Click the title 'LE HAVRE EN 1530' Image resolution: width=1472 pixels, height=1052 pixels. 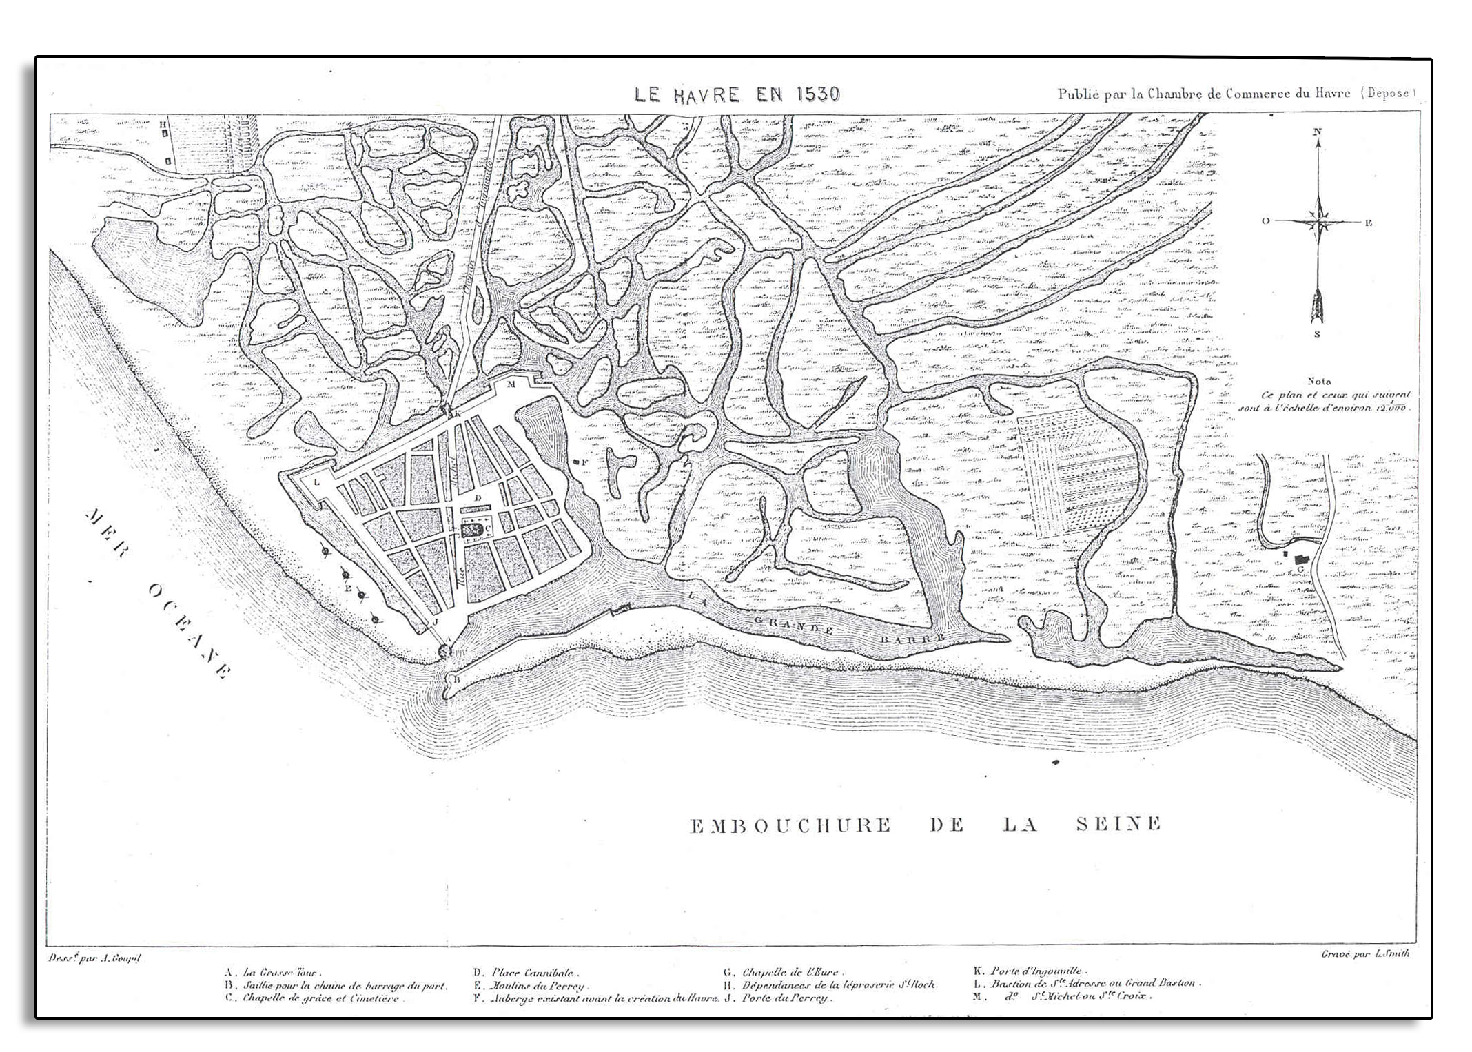(737, 94)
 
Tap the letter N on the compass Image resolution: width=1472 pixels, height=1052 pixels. (1318, 131)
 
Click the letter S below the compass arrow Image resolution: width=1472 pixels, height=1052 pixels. (1317, 335)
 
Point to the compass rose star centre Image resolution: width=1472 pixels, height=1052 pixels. (1319, 222)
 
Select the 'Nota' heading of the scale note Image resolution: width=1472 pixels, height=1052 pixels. (1318, 381)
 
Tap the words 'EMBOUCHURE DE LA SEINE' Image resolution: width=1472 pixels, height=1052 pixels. (926, 824)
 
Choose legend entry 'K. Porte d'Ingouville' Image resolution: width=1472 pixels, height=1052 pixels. (1031, 971)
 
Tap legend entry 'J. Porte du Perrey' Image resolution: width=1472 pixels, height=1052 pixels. (779, 998)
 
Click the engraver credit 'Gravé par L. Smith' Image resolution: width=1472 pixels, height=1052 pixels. (1364, 954)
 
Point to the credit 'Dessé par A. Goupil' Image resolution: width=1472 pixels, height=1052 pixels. (94, 958)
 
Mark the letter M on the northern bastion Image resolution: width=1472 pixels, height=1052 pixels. (511, 384)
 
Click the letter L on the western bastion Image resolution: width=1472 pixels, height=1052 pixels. (316, 482)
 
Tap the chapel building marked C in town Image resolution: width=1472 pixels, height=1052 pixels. (471, 529)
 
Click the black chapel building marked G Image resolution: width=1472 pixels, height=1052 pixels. (1301, 560)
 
